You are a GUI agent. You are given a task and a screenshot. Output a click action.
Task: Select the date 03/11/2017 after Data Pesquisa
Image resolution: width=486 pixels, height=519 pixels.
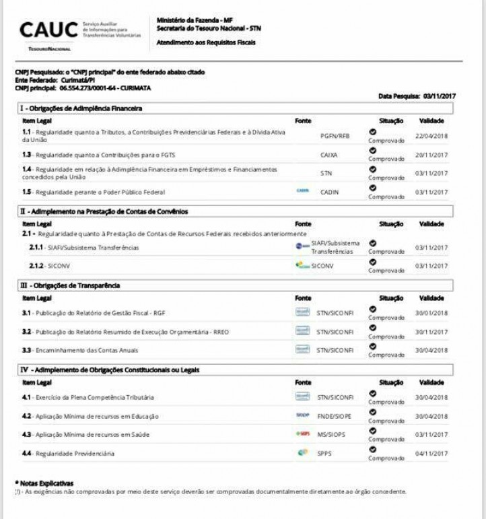440,96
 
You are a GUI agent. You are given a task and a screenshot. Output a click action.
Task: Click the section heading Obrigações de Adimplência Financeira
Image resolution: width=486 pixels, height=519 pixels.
84,108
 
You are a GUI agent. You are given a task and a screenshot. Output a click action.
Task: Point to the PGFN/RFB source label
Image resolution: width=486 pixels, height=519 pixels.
335,135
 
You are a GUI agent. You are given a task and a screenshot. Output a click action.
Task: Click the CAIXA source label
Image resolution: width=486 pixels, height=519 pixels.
329,154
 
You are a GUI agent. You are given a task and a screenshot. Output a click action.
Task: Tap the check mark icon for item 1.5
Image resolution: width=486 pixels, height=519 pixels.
373,187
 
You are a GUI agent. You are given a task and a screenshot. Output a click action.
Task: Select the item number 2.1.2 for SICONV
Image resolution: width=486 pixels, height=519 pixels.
36,266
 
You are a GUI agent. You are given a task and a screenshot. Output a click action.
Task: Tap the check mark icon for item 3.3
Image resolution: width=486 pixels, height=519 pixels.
373,346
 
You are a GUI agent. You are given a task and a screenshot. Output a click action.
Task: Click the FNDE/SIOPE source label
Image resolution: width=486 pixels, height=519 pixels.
334,416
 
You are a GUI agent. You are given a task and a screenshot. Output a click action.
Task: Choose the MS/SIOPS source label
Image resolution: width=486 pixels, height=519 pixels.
331,435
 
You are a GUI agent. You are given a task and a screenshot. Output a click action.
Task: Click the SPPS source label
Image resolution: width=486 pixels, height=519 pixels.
324,454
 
